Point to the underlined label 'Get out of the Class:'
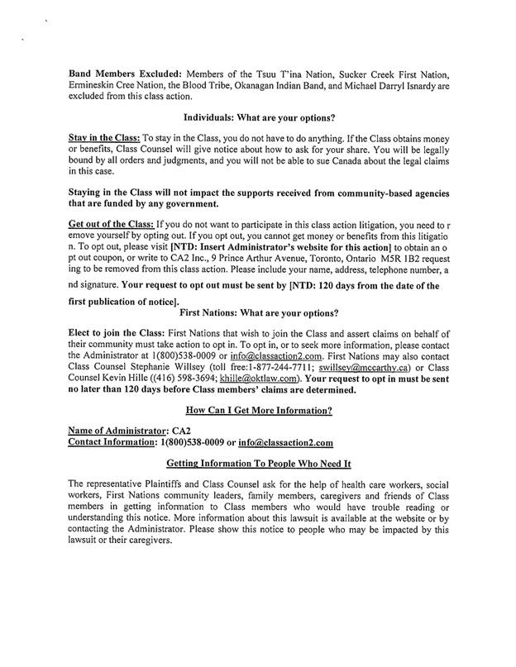tap(109, 224)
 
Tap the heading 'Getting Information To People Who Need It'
tap(259, 464)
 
